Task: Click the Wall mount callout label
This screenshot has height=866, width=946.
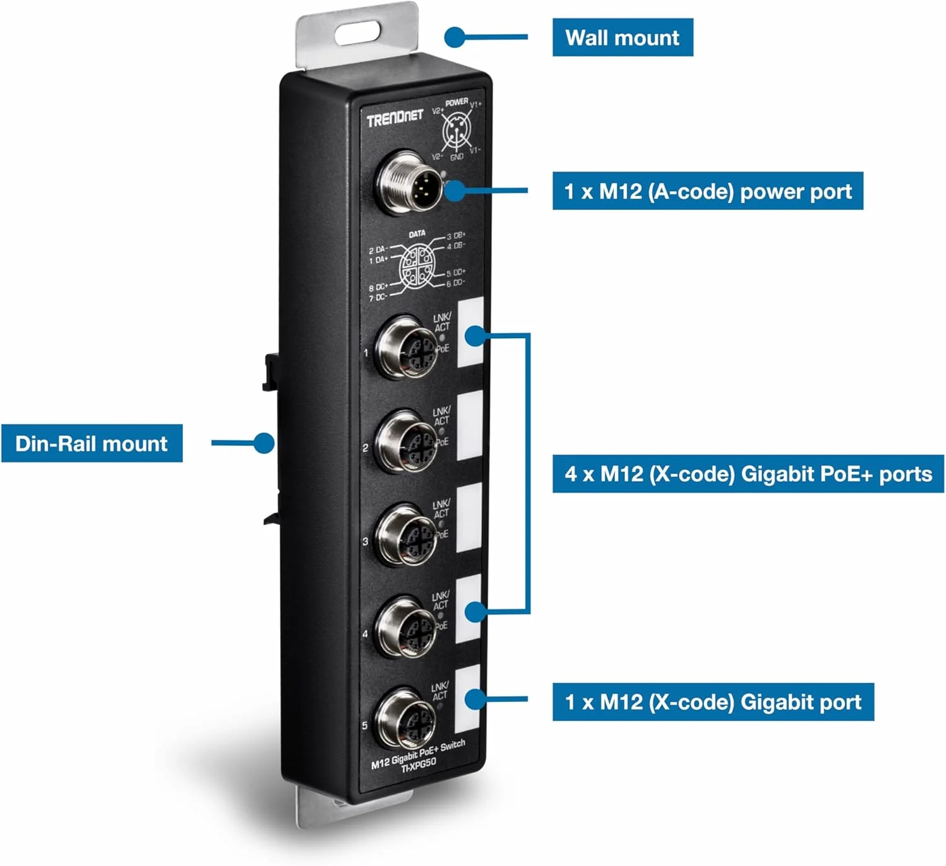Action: (622, 38)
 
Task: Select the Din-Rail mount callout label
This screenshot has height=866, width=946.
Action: (91, 443)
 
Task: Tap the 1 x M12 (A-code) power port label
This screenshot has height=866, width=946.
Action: (707, 191)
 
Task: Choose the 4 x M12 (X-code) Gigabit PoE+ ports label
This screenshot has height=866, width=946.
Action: (747, 474)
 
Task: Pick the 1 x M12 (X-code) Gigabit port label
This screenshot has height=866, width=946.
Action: (713, 702)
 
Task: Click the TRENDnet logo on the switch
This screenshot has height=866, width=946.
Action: (395, 118)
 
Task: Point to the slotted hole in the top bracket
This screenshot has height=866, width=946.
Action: (357, 33)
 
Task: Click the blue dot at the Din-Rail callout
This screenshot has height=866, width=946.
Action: (264, 443)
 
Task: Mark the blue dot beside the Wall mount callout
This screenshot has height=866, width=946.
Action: (454, 37)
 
